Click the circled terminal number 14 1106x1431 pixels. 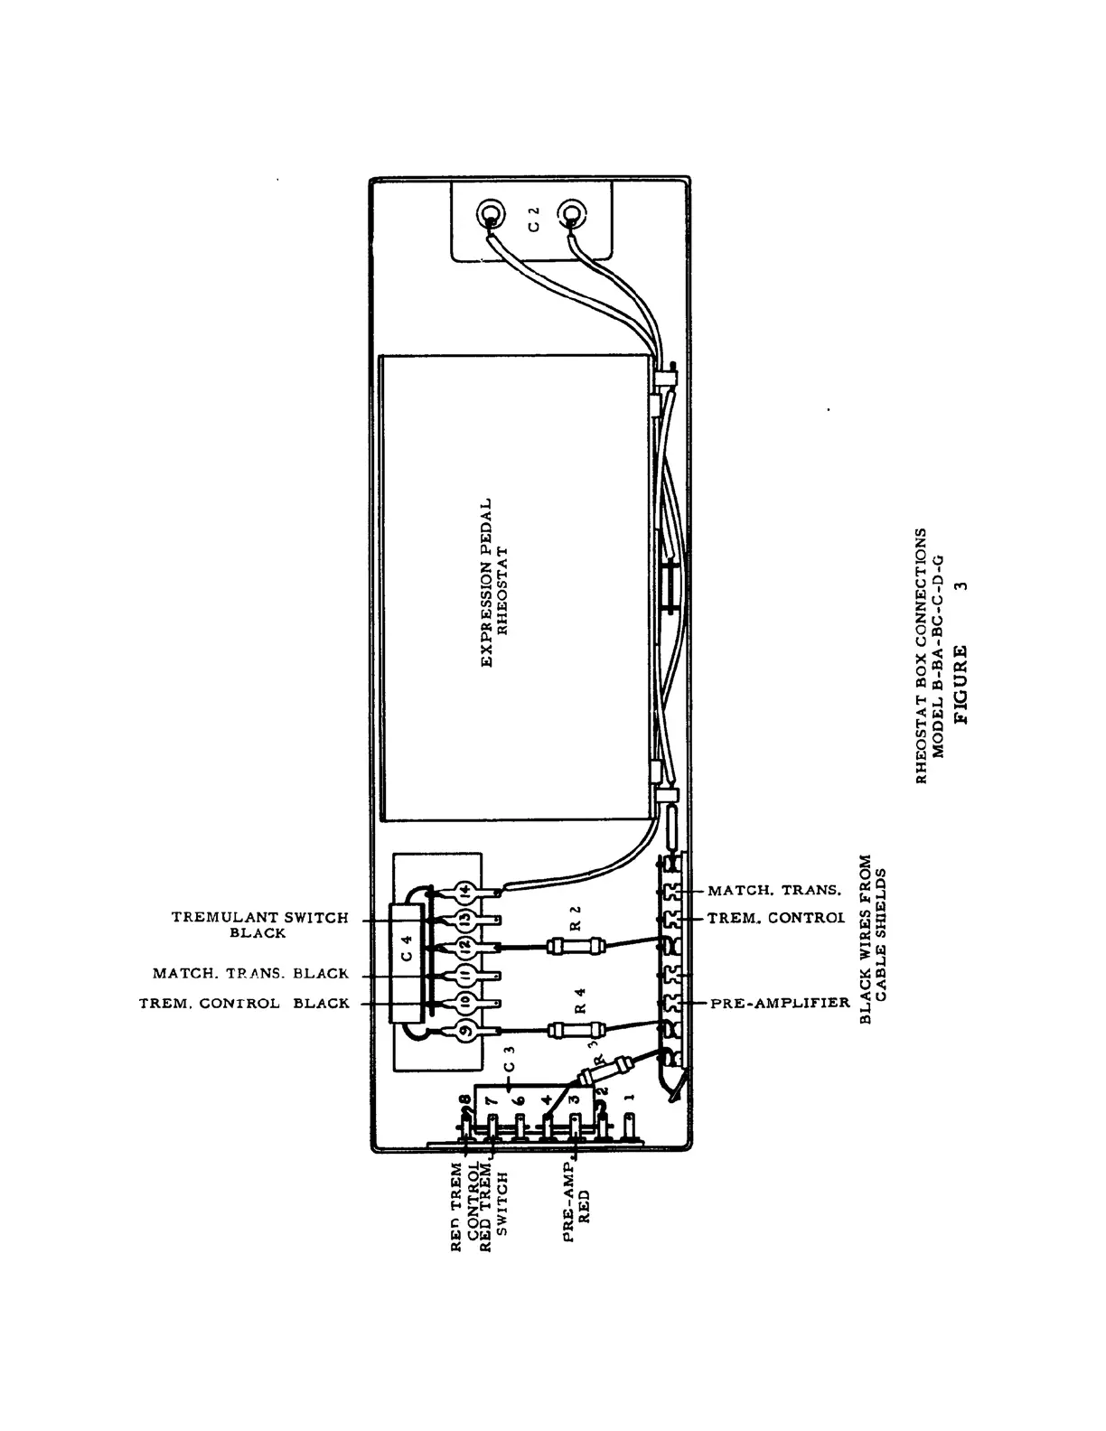[x=464, y=891]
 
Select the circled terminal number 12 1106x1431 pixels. [x=464, y=947]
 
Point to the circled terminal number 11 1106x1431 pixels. [x=464, y=975]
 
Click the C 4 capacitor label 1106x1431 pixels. [x=408, y=960]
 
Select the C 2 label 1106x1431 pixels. [x=533, y=219]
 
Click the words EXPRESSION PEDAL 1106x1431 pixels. [x=486, y=583]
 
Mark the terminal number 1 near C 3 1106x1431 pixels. [x=630, y=1098]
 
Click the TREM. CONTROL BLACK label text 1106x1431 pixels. [x=244, y=1004]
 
